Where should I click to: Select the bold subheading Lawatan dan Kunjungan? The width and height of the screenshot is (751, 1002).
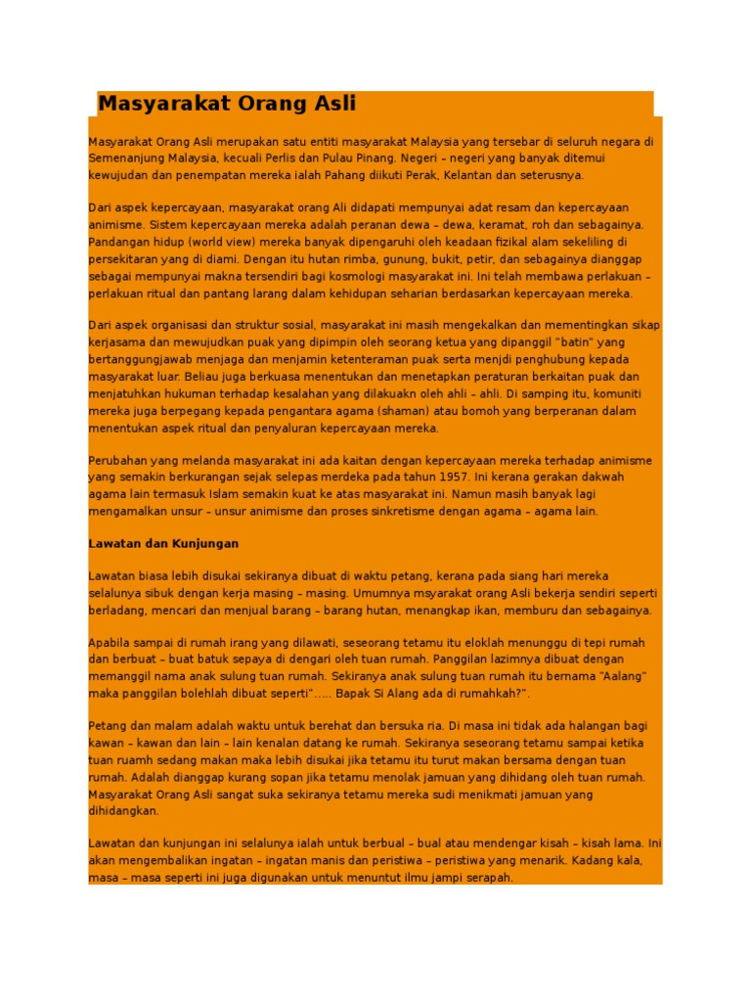tap(163, 543)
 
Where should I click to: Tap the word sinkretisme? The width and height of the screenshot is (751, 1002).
tap(433, 511)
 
